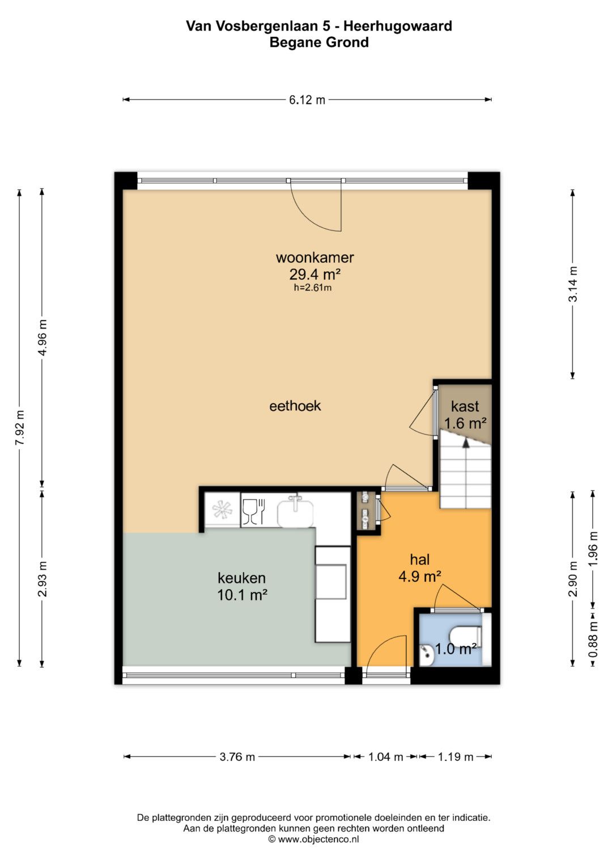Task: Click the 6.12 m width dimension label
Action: click(x=307, y=100)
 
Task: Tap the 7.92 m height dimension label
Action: click(x=20, y=428)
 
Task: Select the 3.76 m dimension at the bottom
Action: click(x=237, y=756)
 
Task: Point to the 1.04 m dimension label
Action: click(x=385, y=756)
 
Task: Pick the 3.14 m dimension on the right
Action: click(x=573, y=284)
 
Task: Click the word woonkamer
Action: click(x=315, y=257)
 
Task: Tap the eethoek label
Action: click(x=295, y=406)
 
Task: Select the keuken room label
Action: click(x=242, y=578)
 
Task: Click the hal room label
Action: click(x=420, y=559)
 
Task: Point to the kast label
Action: click(x=465, y=406)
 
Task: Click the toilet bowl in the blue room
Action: click(x=465, y=636)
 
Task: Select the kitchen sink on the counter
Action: click(x=296, y=512)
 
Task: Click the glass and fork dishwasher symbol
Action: click(x=253, y=511)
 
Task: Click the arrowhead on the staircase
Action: click(x=466, y=443)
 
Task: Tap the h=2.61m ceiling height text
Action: click(x=313, y=288)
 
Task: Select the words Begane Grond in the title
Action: click(x=319, y=42)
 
